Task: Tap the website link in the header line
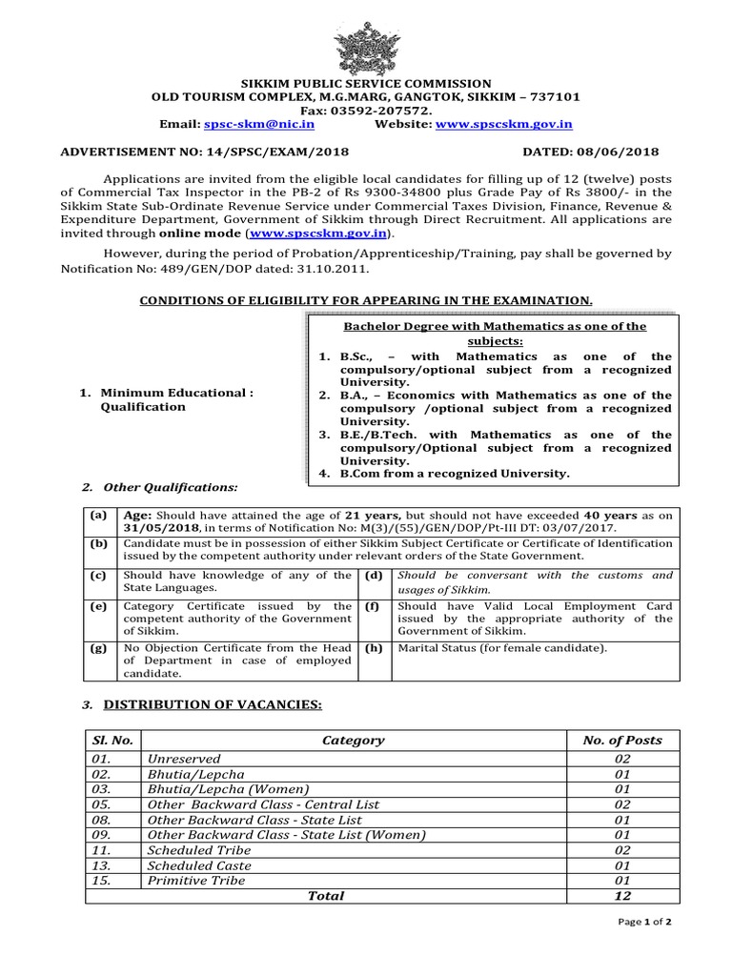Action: click(504, 124)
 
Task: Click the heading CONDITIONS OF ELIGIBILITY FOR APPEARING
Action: click(366, 300)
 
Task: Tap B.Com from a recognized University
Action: click(454, 474)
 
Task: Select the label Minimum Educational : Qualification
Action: click(176, 399)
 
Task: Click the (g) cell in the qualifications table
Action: click(98, 648)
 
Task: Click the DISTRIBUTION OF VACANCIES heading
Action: click(213, 704)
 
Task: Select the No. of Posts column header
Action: click(621, 740)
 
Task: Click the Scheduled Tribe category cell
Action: click(199, 850)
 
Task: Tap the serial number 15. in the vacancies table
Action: click(102, 881)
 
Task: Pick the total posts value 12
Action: click(621, 896)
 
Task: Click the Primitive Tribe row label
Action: click(196, 881)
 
